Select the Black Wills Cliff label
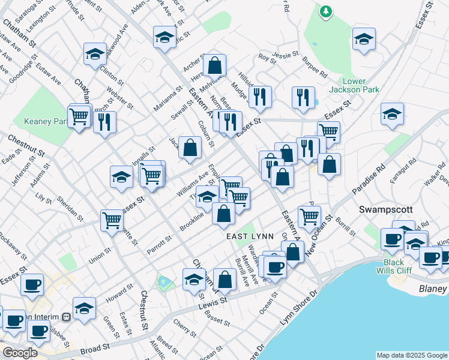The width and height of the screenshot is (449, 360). (394, 268)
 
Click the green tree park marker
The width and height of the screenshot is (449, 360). (326, 11)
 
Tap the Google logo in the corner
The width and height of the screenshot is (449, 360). (20, 353)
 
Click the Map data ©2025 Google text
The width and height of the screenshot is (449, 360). (412, 355)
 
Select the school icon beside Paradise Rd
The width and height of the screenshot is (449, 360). (392, 114)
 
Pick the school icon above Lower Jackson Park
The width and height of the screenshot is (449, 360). (364, 39)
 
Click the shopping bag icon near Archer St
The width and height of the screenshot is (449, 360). (214, 65)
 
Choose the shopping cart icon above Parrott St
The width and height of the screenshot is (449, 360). (112, 220)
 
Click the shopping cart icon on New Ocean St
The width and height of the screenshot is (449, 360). (309, 217)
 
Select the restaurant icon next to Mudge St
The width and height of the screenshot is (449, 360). (259, 96)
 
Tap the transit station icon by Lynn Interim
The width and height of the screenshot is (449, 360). (66, 317)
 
